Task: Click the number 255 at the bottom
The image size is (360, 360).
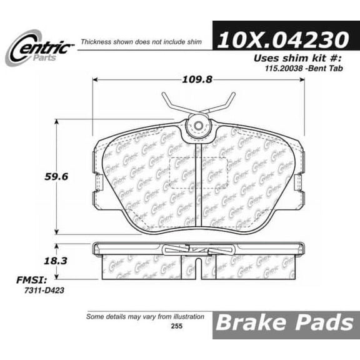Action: [181, 325]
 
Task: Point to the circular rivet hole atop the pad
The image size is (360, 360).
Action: [198, 128]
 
